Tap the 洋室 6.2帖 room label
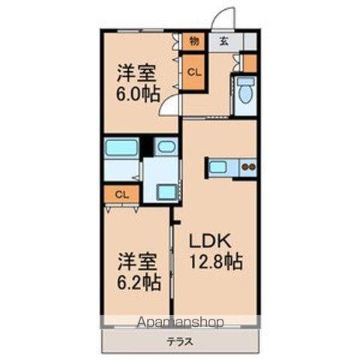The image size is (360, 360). tap(138, 272)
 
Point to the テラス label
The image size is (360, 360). tap(180, 341)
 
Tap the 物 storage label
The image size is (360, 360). tap(193, 41)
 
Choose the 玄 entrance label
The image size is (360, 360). tap(223, 41)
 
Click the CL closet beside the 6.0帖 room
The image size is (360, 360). tap(193, 73)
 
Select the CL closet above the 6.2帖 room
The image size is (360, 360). tap(121, 193)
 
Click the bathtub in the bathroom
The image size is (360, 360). tap(121, 147)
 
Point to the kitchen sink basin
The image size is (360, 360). tap(219, 167)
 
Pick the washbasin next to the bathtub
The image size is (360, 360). tap(166, 146)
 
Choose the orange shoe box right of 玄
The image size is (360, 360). tap(250, 61)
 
